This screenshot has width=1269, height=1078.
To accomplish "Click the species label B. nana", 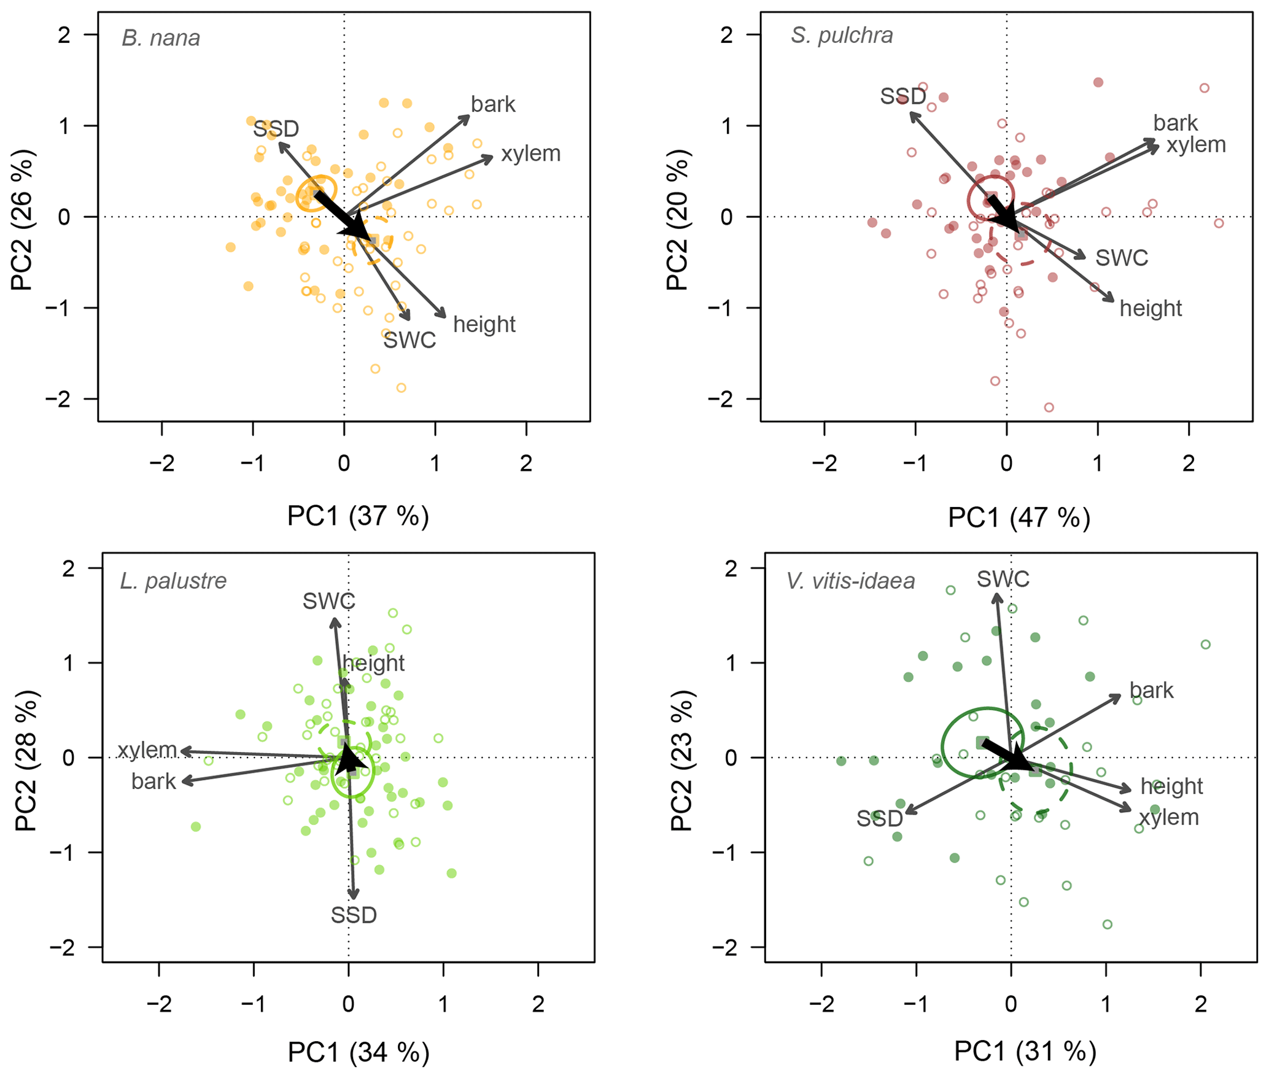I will coord(161,38).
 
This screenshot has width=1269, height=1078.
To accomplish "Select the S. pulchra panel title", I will coord(842,36).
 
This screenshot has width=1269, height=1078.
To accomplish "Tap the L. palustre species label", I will coord(173,581).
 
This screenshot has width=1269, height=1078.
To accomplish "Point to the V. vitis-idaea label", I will coord(850,581).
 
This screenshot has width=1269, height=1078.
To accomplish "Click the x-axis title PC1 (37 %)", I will coord(358,516).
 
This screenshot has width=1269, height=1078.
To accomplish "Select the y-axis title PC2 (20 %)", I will coord(678,219).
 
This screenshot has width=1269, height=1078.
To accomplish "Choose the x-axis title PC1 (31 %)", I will coord(1025,1052).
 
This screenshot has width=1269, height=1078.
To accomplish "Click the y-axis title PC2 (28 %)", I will coord(26,761).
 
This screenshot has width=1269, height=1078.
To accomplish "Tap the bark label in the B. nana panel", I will coord(493,104).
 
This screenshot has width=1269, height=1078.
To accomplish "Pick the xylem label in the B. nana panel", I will coord(531,153).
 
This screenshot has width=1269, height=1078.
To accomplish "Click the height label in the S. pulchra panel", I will coord(1151,308).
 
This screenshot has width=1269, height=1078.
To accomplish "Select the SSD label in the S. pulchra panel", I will coord(902,96).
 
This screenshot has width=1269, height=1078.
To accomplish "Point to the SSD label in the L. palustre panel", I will coord(354,915).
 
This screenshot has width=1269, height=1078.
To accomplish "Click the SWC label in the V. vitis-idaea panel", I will coord(1003,579).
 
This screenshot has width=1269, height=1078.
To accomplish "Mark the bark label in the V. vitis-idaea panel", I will coord(1151,691).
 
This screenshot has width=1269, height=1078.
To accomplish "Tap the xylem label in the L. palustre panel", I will coord(147,750).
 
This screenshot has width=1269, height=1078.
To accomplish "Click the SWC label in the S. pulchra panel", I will coord(1122,258).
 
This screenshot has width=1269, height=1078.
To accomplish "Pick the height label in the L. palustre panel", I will coord(373,663).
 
